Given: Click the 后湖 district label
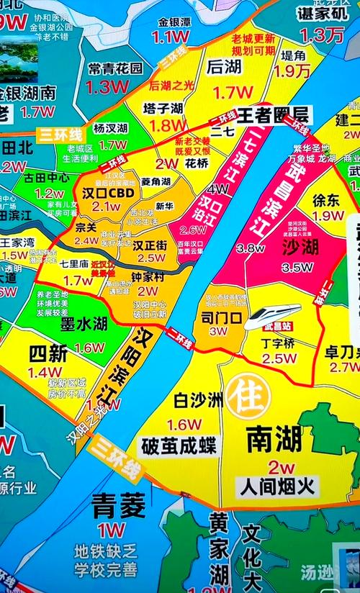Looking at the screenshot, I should click(x=223, y=66).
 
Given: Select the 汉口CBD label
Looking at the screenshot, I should click(x=107, y=193).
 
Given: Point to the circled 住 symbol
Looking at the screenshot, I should click(x=246, y=397).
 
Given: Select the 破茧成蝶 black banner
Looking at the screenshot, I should click(x=179, y=445).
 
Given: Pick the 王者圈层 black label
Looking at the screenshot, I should click(x=272, y=114).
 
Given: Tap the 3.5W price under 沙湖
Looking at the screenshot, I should click(x=297, y=267).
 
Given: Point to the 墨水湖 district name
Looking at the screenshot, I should click(x=84, y=324).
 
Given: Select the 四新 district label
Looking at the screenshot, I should click(x=48, y=354).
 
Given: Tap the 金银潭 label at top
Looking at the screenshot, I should click(x=175, y=22).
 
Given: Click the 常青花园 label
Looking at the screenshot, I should click(x=115, y=68).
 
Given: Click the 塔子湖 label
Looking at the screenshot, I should click(x=163, y=109).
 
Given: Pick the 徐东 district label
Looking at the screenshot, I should click(x=327, y=200).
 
